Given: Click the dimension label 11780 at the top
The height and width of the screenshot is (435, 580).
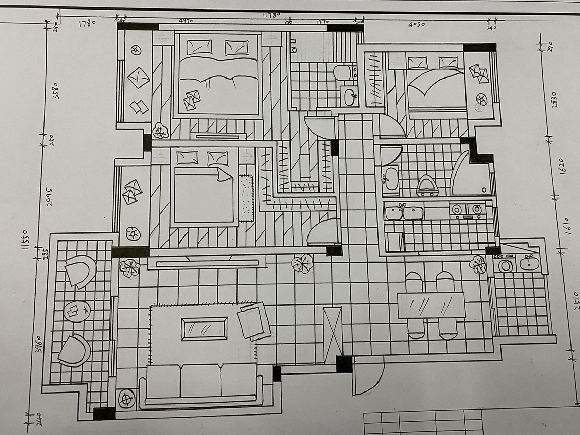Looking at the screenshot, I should pyautogui.click(x=271, y=15).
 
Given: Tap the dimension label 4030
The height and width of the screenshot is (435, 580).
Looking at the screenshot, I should pyautogui.click(x=417, y=24).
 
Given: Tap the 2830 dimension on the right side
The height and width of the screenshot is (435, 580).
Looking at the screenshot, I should pyautogui.click(x=555, y=100).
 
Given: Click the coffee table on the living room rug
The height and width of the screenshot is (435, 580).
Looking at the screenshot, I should pyautogui.click(x=204, y=329).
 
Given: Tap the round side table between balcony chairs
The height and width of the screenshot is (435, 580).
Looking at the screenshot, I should pyautogui.click(x=77, y=311).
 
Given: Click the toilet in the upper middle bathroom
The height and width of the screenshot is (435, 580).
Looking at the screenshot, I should pyautogui.click(x=342, y=72).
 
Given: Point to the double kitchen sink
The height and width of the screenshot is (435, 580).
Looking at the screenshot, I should pyautogui.click(x=404, y=212).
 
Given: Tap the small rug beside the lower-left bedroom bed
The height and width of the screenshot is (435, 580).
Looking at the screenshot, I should pyautogui.click(x=246, y=198).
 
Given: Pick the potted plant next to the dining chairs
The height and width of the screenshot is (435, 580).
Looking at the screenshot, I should pyautogui.click(x=478, y=264).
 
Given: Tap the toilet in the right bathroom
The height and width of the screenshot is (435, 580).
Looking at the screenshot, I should pyautogui.click(x=427, y=186).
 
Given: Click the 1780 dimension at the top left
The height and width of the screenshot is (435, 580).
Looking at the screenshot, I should pyautogui.click(x=87, y=23).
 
